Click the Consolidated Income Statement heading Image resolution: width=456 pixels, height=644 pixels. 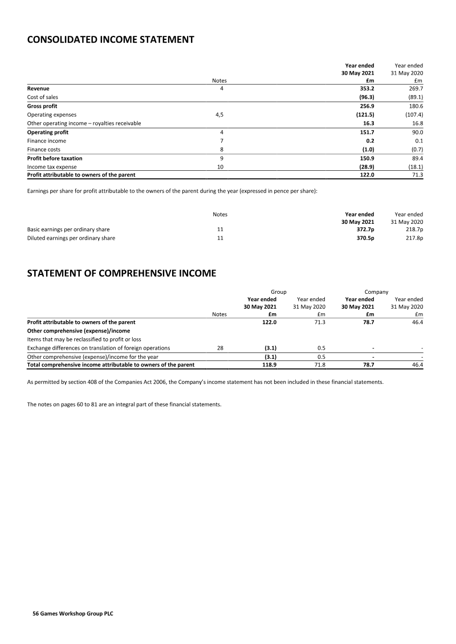pos(111,40)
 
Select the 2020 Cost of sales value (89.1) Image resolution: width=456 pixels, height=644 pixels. pos(413,97)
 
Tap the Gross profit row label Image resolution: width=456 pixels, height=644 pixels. pos(42,106)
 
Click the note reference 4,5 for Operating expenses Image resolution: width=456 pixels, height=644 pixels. pos(219,114)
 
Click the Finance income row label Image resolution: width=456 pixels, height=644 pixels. pos(47,141)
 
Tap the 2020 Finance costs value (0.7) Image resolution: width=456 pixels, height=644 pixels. pos(415,149)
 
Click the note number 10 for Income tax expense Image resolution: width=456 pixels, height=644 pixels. pos(219,166)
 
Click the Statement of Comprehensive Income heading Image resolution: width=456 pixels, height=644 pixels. pos(121,273)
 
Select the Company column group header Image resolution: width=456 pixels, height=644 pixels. pos(376,292)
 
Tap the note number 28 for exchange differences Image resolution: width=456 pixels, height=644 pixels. pos(219,347)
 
